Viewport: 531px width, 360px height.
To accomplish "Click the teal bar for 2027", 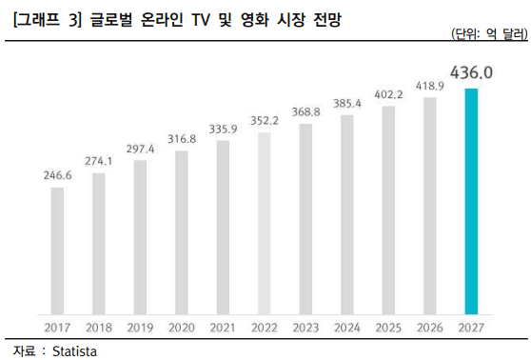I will (470, 201).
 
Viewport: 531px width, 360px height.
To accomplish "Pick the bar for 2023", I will (305, 218).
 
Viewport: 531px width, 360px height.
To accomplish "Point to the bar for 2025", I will (387, 210).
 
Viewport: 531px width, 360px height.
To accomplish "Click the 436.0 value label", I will (470, 71).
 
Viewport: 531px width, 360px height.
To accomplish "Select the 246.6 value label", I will (57, 175).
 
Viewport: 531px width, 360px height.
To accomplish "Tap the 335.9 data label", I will (222, 129).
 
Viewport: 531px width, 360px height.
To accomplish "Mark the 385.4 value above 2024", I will (346, 103).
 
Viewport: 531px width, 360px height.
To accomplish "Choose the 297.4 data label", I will (140, 149).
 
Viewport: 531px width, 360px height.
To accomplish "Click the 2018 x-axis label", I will (98, 328).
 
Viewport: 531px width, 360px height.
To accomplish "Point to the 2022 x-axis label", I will (264, 328).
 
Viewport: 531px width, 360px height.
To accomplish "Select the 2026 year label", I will (429, 328).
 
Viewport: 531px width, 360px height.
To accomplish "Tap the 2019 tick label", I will (140, 328).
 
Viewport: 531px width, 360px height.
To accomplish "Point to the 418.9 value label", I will (429, 86).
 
